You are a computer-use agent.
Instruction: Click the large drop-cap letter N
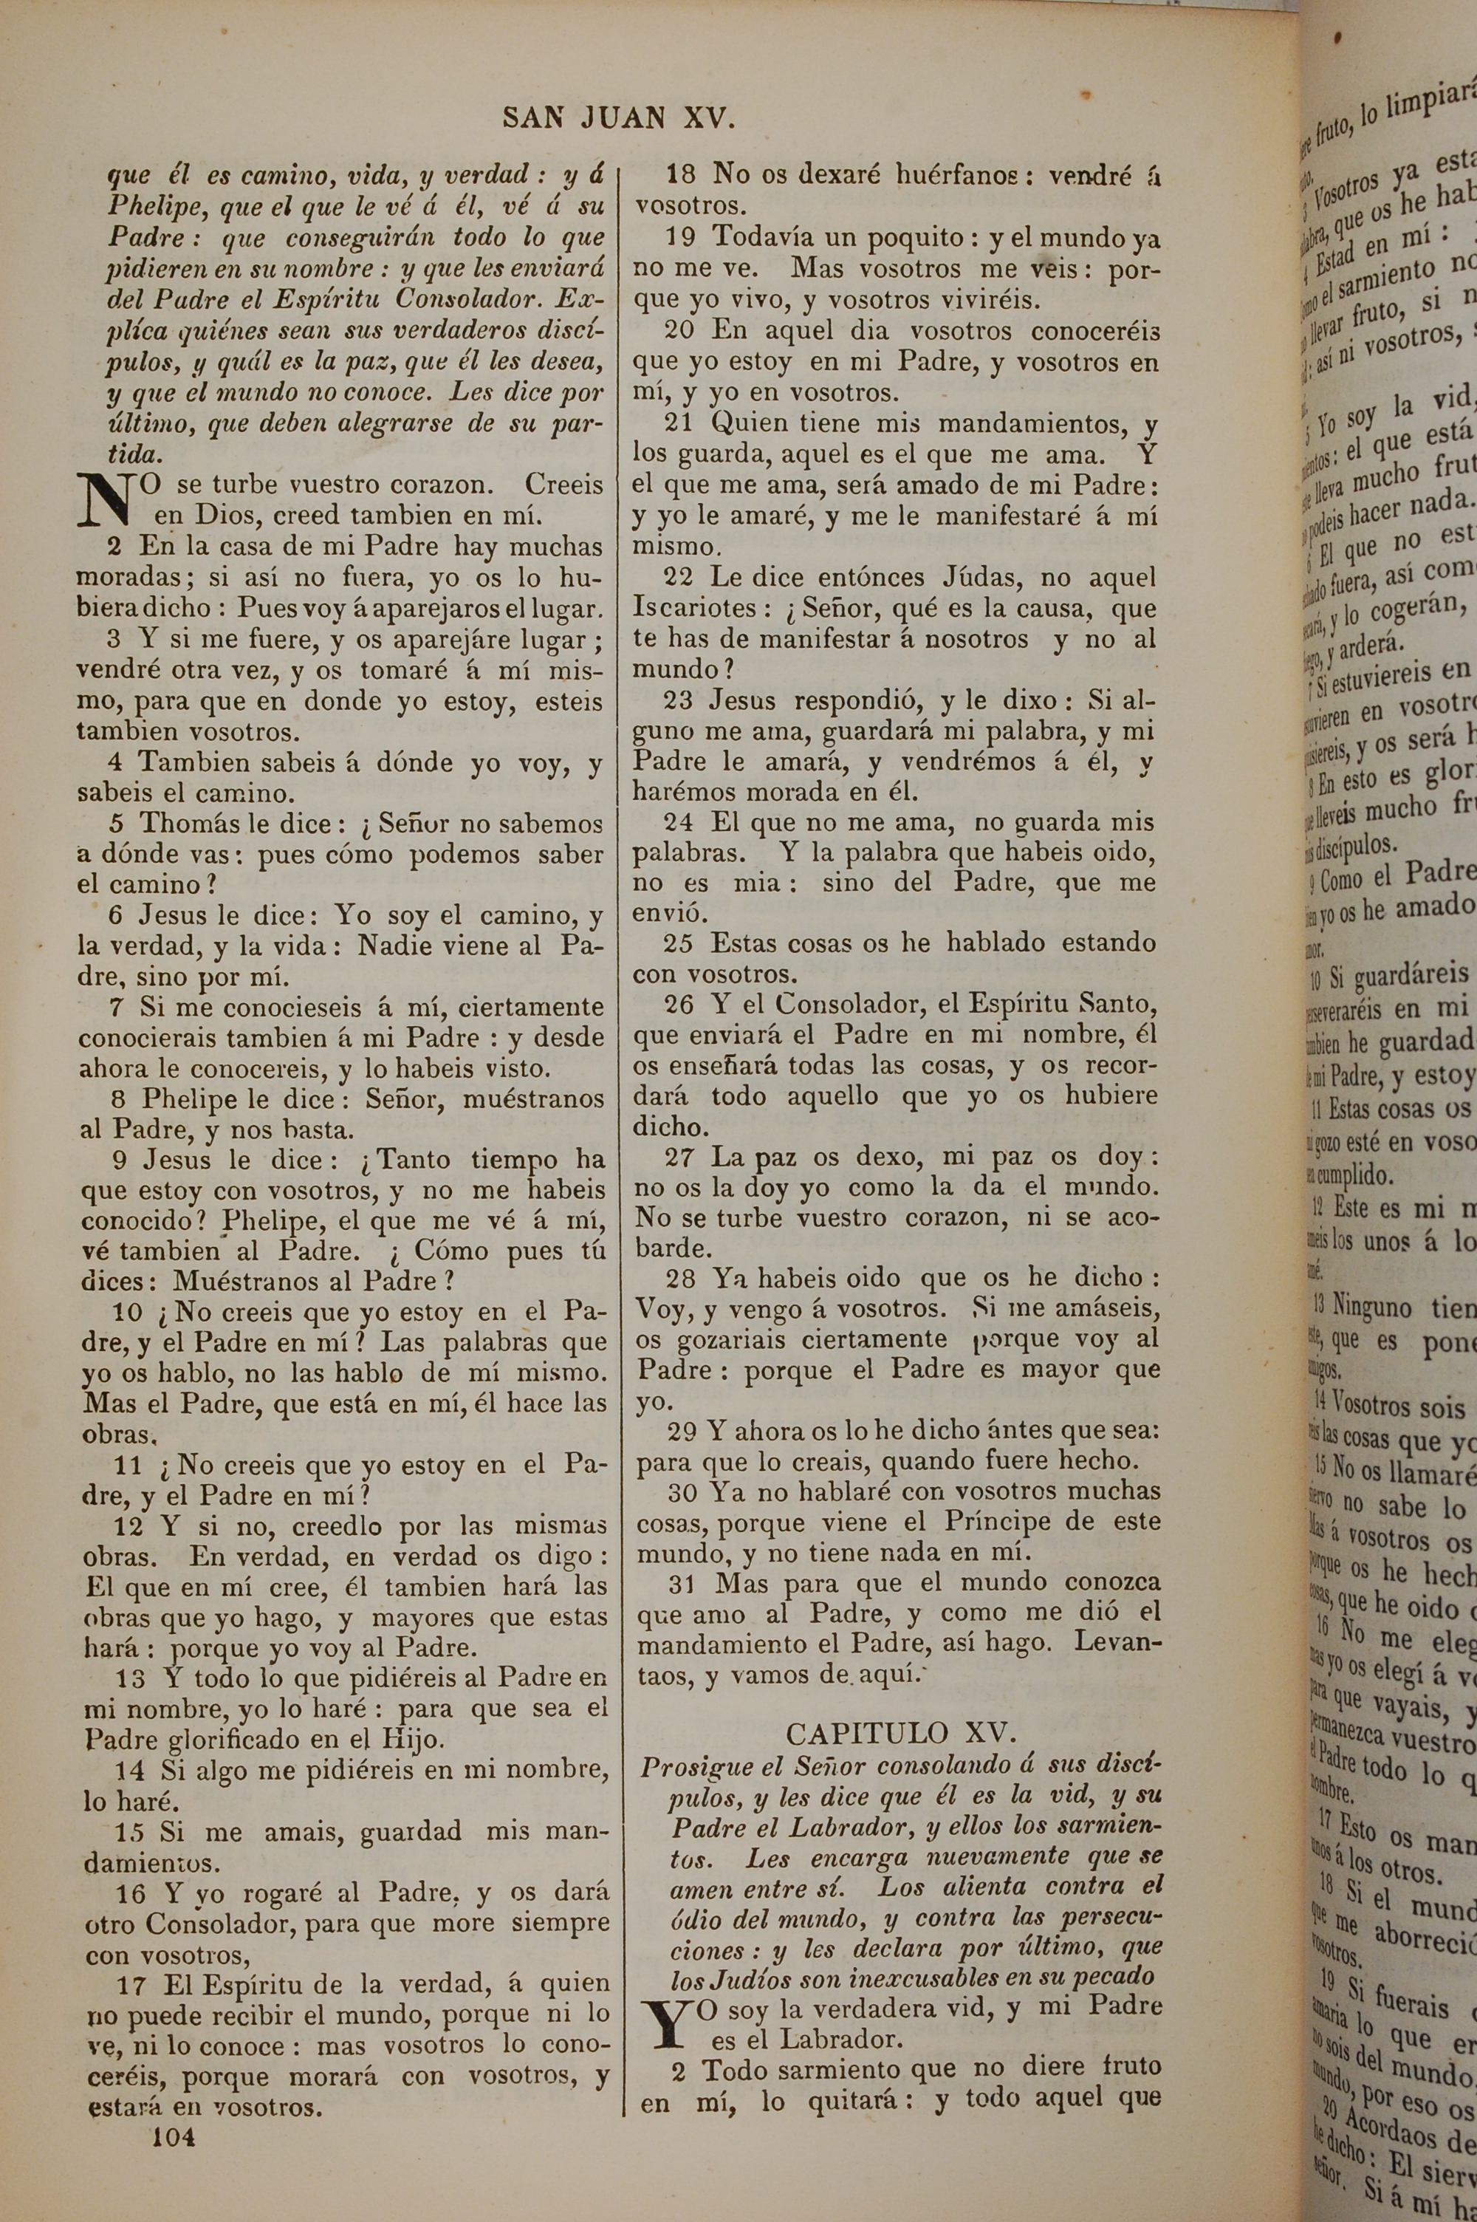pos(106,500)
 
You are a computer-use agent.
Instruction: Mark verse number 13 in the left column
pos(131,1678)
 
